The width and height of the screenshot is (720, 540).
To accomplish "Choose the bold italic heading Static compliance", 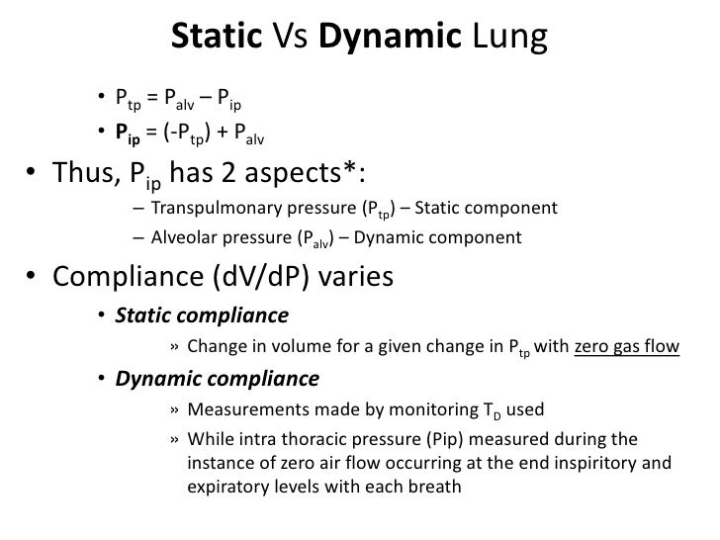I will pyautogui.click(x=202, y=316).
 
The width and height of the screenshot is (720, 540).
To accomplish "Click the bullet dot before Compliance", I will pyautogui.click(x=35, y=279).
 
